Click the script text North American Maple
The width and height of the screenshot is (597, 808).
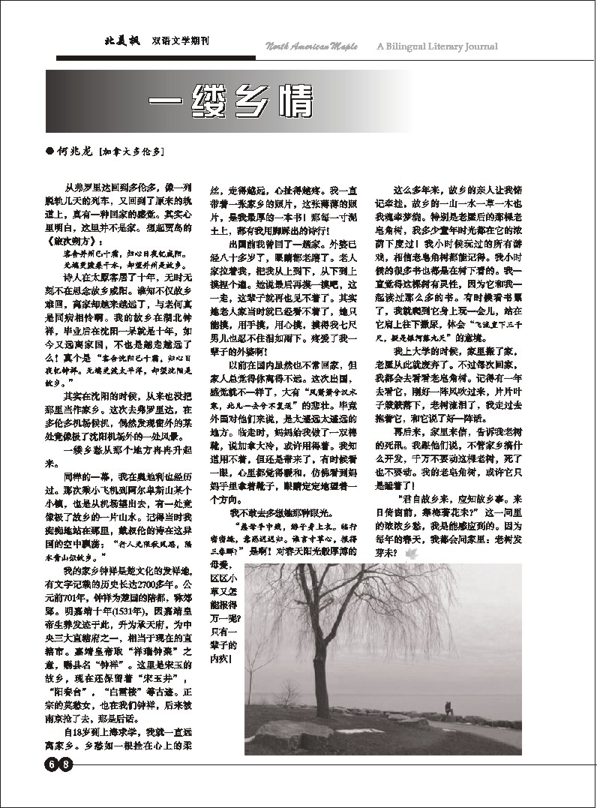tap(315, 47)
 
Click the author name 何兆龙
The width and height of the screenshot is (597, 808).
tap(76, 151)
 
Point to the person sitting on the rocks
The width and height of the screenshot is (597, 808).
tap(448, 707)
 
